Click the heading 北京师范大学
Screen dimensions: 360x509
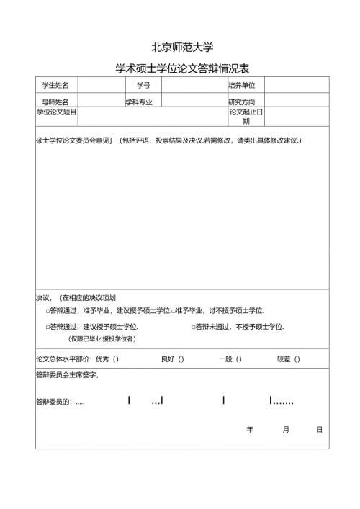point(181,48)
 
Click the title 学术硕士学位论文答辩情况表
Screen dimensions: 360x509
point(181,69)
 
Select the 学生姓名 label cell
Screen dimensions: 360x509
point(55,86)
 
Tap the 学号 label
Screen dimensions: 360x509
point(143,86)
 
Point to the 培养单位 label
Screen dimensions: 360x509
point(241,86)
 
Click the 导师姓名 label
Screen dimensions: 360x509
point(55,102)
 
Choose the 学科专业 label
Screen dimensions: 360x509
point(140,102)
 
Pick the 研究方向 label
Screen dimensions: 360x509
point(241,102)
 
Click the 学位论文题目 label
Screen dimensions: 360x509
point(56,112)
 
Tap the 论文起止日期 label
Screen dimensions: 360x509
point(246,117)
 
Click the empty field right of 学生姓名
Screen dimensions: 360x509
point(101,86)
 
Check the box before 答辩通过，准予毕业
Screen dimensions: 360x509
point(48,311)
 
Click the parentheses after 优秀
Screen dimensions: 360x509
point(115,359)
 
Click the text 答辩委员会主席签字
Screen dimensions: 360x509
point(67,375)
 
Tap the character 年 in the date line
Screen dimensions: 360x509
point(250,430)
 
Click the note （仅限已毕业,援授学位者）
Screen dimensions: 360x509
point(102,339)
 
